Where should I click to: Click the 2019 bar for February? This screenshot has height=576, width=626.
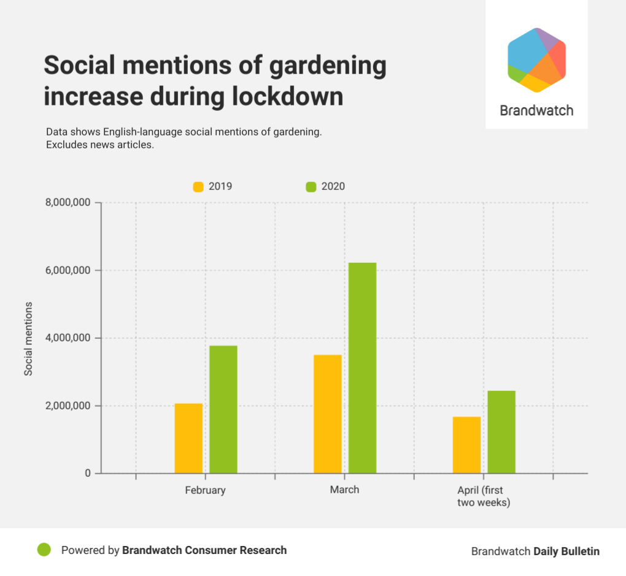[x=188, y=438]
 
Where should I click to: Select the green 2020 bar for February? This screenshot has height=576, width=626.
[x=223, y=409]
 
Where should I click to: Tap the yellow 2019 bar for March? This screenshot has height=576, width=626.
[x=327, y=414]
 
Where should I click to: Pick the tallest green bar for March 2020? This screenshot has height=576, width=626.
[x=362, y=368]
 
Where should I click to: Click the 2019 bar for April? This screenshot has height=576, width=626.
[x=466, y=445]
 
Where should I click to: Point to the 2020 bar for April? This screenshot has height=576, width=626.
[x=501, y=432]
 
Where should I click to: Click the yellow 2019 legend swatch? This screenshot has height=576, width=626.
[x=198, y=186]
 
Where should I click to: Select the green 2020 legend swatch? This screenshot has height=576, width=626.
[x=311, y=186]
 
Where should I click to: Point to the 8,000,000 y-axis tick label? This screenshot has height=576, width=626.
[x=68, y=203]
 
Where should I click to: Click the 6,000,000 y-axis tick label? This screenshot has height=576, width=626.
[x=68, y=270]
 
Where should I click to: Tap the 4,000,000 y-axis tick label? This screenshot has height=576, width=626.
[x=68, y=338]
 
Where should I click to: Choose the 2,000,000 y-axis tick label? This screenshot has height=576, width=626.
[x=68, y=406]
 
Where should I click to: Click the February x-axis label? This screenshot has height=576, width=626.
[x=205, y=490]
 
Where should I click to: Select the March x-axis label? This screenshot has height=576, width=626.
[x=344, y=490]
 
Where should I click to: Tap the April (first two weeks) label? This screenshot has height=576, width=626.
[x=484, y=496]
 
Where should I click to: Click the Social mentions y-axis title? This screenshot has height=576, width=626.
[x=28, y=338]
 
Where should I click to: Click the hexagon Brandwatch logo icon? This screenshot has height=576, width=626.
[x=536, y=60]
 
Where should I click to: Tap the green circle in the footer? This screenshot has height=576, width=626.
[x=44, y=550]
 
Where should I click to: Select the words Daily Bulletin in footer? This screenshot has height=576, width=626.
[x=566, y=551]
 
